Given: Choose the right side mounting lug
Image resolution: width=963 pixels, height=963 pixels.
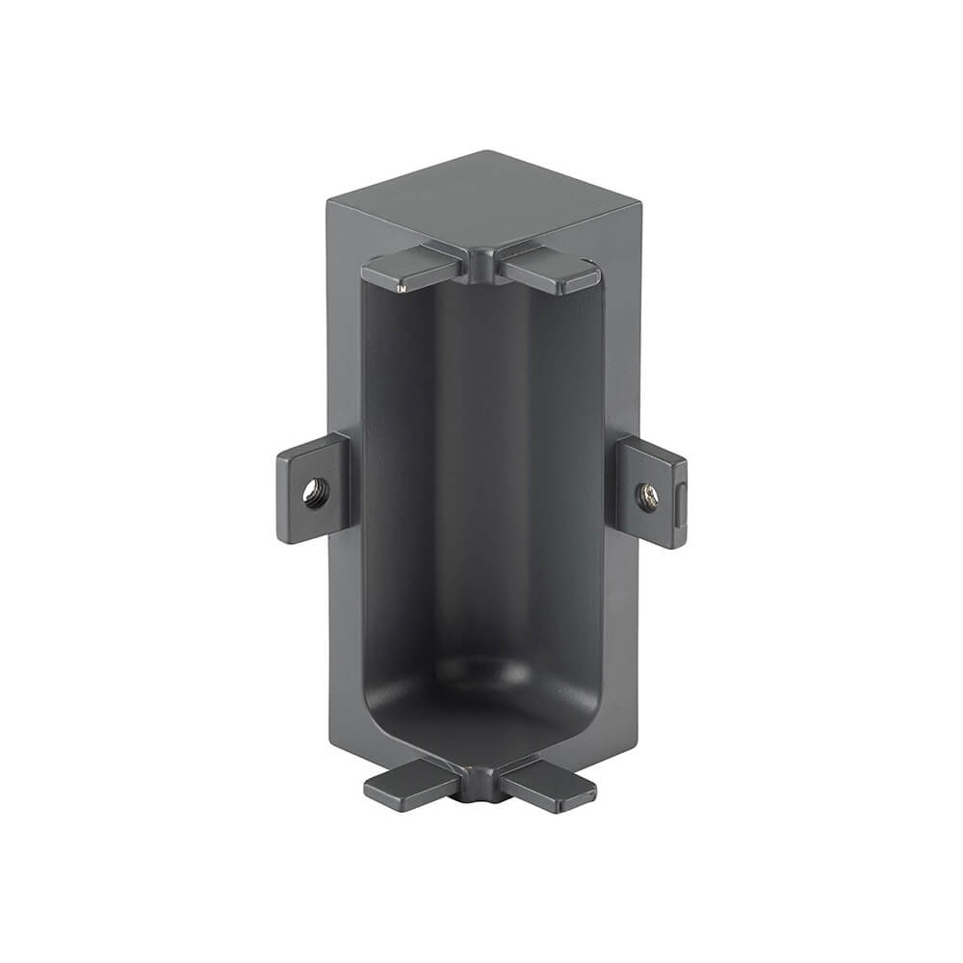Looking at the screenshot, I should [x=653, y=491].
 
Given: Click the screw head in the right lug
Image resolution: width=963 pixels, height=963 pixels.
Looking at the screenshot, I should [x=646, y=497].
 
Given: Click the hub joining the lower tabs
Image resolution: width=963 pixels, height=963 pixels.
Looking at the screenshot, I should [x=481, y=782].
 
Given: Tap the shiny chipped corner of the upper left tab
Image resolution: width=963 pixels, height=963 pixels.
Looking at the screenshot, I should [x=402, y=286].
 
